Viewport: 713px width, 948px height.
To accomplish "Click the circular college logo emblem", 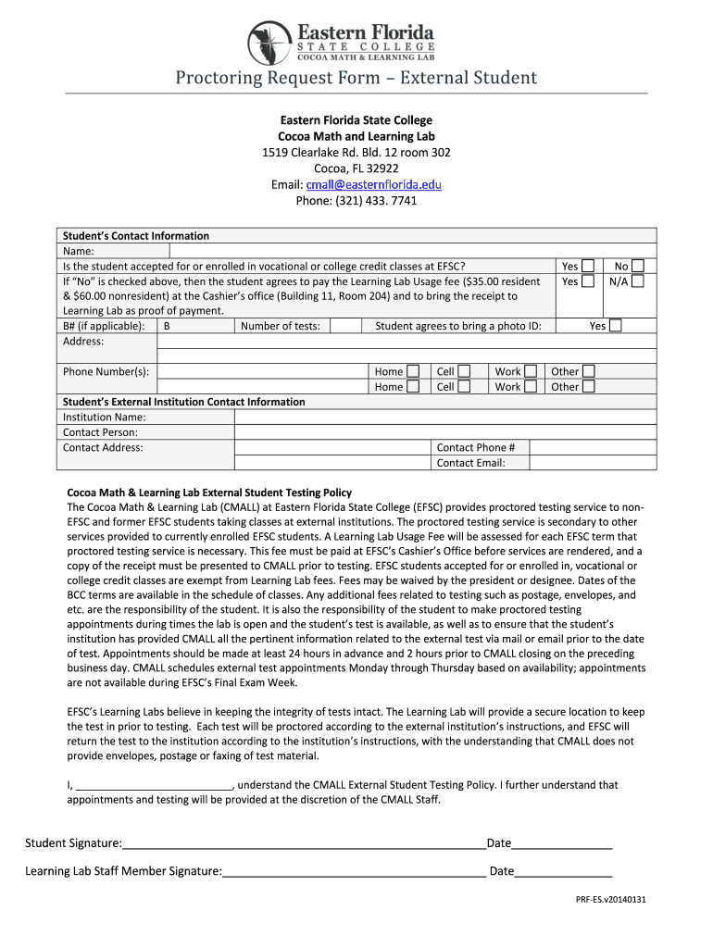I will pyautogui.click(x=270, y=43).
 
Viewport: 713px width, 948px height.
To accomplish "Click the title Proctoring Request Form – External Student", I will pyautogui.click(x=356, y=78).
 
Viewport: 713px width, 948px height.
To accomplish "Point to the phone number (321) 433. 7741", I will pyautogui.click(x=356, y=201).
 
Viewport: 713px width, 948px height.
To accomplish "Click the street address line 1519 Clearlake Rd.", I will pyautogui.click(x=356, y=152).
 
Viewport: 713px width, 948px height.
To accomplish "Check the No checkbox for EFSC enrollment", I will pyautogui.click(x=637, y=266).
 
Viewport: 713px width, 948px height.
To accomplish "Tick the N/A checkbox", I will pyautogui.click(x=637, y=281).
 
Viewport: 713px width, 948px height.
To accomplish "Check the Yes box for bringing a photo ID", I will pyautogui.click(x=616, y=326).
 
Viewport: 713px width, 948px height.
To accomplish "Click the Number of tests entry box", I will pyautogui.click(x=345, y=326).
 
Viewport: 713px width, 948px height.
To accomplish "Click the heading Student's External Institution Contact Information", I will pyautogui.click(x=183, y=402).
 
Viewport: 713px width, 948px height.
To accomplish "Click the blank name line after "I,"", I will pyautogui.click(x=153, y=784).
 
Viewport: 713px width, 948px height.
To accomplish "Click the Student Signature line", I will pyautogui.click(x=304, y=843).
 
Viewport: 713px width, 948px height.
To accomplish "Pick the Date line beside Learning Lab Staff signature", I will pyautogui.click(x=563, y=871).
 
